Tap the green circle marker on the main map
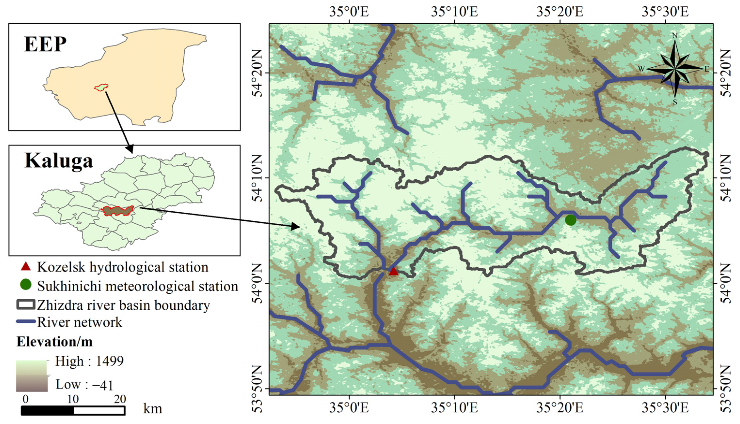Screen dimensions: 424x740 571,220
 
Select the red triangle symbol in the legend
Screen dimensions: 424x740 26,266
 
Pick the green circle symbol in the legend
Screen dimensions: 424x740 26,285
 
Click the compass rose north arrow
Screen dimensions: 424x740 675,69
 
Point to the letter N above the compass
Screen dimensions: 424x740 675,36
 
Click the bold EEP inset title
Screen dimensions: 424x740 45,45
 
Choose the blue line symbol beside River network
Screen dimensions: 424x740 26,322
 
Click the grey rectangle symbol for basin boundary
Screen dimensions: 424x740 26,304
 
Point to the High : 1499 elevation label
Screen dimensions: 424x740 89,361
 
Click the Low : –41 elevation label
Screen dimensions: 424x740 84,385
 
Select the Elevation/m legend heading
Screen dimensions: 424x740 55,342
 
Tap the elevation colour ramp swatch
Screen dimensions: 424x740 31,376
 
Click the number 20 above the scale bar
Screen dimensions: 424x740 120,399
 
